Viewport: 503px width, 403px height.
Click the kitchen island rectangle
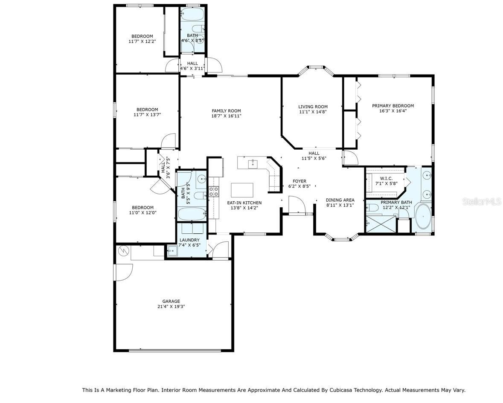pyautogui.click(x=242, y=189)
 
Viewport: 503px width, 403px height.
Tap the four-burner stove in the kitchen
pyautogui.click(x=213, y=191)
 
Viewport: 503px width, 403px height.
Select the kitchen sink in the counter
pyautogui.click(x=253, y=162)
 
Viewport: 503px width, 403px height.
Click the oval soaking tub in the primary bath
pyautogui.click(x=423, y=217)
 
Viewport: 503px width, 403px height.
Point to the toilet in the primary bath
pyautogui.click(x=372, y=208)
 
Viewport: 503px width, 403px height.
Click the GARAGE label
pyautogui.click(x=171, y=301)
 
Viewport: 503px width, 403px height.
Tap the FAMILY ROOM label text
pyautogui.click(x=226, y=111)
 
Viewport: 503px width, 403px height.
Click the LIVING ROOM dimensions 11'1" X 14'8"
pyautogui.click(x=313, y=112)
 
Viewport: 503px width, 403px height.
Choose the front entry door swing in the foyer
pyautogui.click(x=297, y=205)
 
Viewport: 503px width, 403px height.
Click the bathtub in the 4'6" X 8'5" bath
pyautogui.click(x=192, y=15)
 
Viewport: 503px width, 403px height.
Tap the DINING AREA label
pyautogui.click(x=340, y=200)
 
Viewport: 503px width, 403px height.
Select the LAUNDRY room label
pyautogui.click(x=189, y=240)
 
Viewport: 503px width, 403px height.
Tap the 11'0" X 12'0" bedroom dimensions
pyautogui.click(x=142, y=212)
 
